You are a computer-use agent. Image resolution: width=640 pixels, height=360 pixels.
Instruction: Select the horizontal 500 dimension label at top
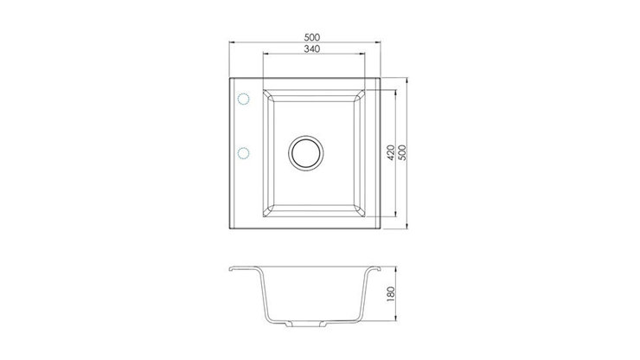pos(313,36)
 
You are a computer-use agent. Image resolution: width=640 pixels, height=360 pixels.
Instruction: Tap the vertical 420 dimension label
pos(391,153)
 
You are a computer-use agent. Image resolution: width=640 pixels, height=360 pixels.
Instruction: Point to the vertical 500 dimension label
pos(403,153)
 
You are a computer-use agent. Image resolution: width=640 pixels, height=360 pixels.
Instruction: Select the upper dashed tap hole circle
pos(243,100)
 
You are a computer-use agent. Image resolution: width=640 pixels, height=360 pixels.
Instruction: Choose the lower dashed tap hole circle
pos(243,153)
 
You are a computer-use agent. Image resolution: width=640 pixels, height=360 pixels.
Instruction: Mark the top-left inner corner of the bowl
pos(276,97)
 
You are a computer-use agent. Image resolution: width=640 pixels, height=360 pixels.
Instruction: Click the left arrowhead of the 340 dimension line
pos(264,55)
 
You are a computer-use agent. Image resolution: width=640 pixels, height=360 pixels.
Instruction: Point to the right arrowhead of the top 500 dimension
pos(380,42)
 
